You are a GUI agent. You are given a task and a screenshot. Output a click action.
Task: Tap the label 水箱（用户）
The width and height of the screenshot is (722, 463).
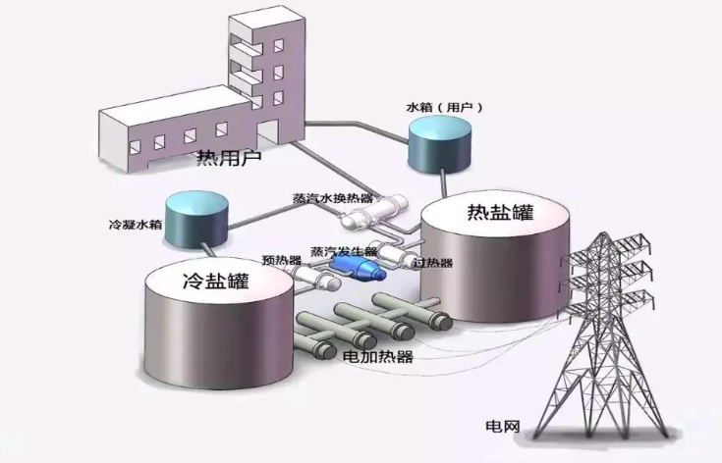coord(444,105)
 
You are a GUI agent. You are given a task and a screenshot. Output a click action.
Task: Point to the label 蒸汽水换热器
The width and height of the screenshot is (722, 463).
coord(333,197)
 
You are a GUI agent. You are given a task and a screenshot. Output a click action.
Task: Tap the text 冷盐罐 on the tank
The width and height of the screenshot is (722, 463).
coord(214,282)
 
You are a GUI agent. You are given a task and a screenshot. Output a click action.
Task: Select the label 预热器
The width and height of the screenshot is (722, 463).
coord(280,261)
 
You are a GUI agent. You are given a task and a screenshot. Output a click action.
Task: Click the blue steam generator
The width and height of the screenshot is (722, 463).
coord(353,264)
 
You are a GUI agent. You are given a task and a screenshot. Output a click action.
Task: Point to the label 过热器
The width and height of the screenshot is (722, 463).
coord(432,263)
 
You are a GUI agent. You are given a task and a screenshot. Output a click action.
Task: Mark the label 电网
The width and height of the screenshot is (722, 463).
coord(502,428)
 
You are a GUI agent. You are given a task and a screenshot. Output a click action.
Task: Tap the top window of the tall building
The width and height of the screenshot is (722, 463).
coord(279,44)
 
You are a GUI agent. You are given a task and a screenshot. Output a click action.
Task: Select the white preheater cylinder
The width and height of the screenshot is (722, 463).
coord(312,279)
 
